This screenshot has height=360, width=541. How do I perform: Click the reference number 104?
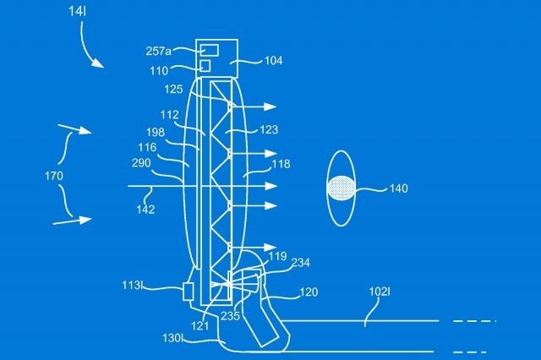coord(274,61)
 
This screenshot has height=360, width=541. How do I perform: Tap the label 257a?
coord(158,52)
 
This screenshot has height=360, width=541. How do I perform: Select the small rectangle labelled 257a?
coord(209,51)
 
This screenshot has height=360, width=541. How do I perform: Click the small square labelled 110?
coord(205,66)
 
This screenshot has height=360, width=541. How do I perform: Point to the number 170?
coord(54,177)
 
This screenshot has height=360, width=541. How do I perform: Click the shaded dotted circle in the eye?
coord(341,188)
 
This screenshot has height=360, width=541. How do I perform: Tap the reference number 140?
coord(399,188)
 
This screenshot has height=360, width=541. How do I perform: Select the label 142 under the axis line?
coord(145,210)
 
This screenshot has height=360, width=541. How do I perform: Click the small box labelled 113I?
coord(188,292)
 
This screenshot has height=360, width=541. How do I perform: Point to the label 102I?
coord(380,292)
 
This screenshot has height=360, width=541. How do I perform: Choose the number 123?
coord(269,130)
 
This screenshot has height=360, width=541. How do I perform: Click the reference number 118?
coord(281,164)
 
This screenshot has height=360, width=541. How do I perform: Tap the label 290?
coord(141,163)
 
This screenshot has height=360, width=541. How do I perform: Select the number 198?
coord(156,133)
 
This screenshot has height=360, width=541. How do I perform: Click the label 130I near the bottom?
coord(172,338)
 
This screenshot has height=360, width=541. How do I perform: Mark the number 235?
coord(230,316)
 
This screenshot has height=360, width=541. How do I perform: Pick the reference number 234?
coord(301,263)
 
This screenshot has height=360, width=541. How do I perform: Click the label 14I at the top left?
coord(77,11)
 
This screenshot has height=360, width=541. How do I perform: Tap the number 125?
coord(173,90)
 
